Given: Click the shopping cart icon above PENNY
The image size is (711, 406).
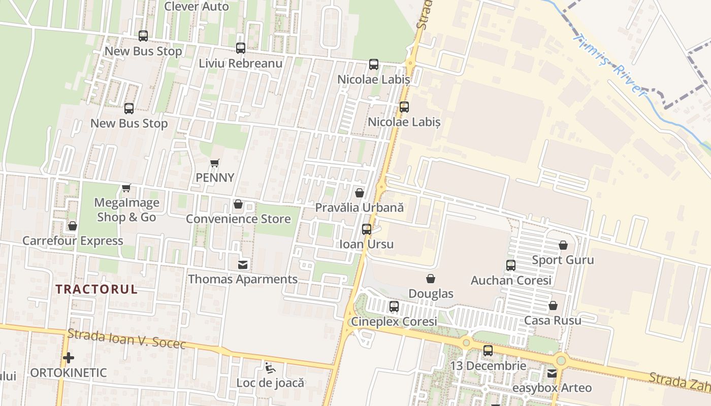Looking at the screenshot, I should (x=215, y=163).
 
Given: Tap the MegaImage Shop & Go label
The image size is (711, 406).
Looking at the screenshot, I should (x=126, y=210).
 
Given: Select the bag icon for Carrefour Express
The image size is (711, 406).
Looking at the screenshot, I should (x=73, y=226).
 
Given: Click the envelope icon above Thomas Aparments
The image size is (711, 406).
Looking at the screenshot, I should (x=243, y=264).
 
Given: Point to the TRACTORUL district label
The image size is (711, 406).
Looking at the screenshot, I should (x=96, y=289).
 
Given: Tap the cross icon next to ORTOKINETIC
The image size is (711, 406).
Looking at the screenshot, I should (x=69, y=358).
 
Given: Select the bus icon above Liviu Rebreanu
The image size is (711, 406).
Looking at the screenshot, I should (x=241, y=48).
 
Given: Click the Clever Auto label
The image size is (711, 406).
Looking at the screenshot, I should (x=197, y=7).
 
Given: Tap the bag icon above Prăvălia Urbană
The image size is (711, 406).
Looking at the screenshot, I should (x=360, y=193).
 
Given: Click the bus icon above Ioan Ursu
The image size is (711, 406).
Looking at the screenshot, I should (x=367, y=229).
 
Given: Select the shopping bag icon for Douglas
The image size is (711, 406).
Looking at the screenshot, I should (x=431, y=279).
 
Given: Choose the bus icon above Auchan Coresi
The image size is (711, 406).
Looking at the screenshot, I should (x=511, y=265).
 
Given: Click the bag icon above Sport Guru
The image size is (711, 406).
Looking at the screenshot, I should (x=563, y=246).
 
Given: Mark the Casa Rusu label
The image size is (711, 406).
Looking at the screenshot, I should (x=553, y=321).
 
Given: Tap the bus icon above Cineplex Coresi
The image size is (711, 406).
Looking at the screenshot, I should (x=394, y=307).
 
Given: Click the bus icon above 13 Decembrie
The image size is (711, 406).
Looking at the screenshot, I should (x=488, y=351).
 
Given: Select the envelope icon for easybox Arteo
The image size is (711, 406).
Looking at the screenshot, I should (x=552, y=374).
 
